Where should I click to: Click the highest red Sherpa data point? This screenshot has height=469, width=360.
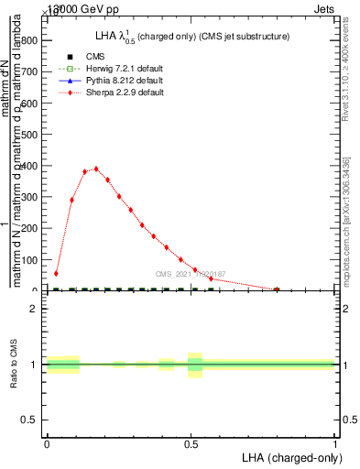[96, 169]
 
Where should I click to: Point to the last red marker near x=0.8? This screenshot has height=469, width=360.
[277, 289]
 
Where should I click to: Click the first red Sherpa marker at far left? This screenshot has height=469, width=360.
[56, 273]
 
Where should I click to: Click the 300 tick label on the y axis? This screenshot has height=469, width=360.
[30, 197]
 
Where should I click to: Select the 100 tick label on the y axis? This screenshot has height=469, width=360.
[30, 260]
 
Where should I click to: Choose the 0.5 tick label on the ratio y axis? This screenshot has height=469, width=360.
[30, 420]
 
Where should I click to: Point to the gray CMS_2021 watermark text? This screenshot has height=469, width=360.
[190, 274]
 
